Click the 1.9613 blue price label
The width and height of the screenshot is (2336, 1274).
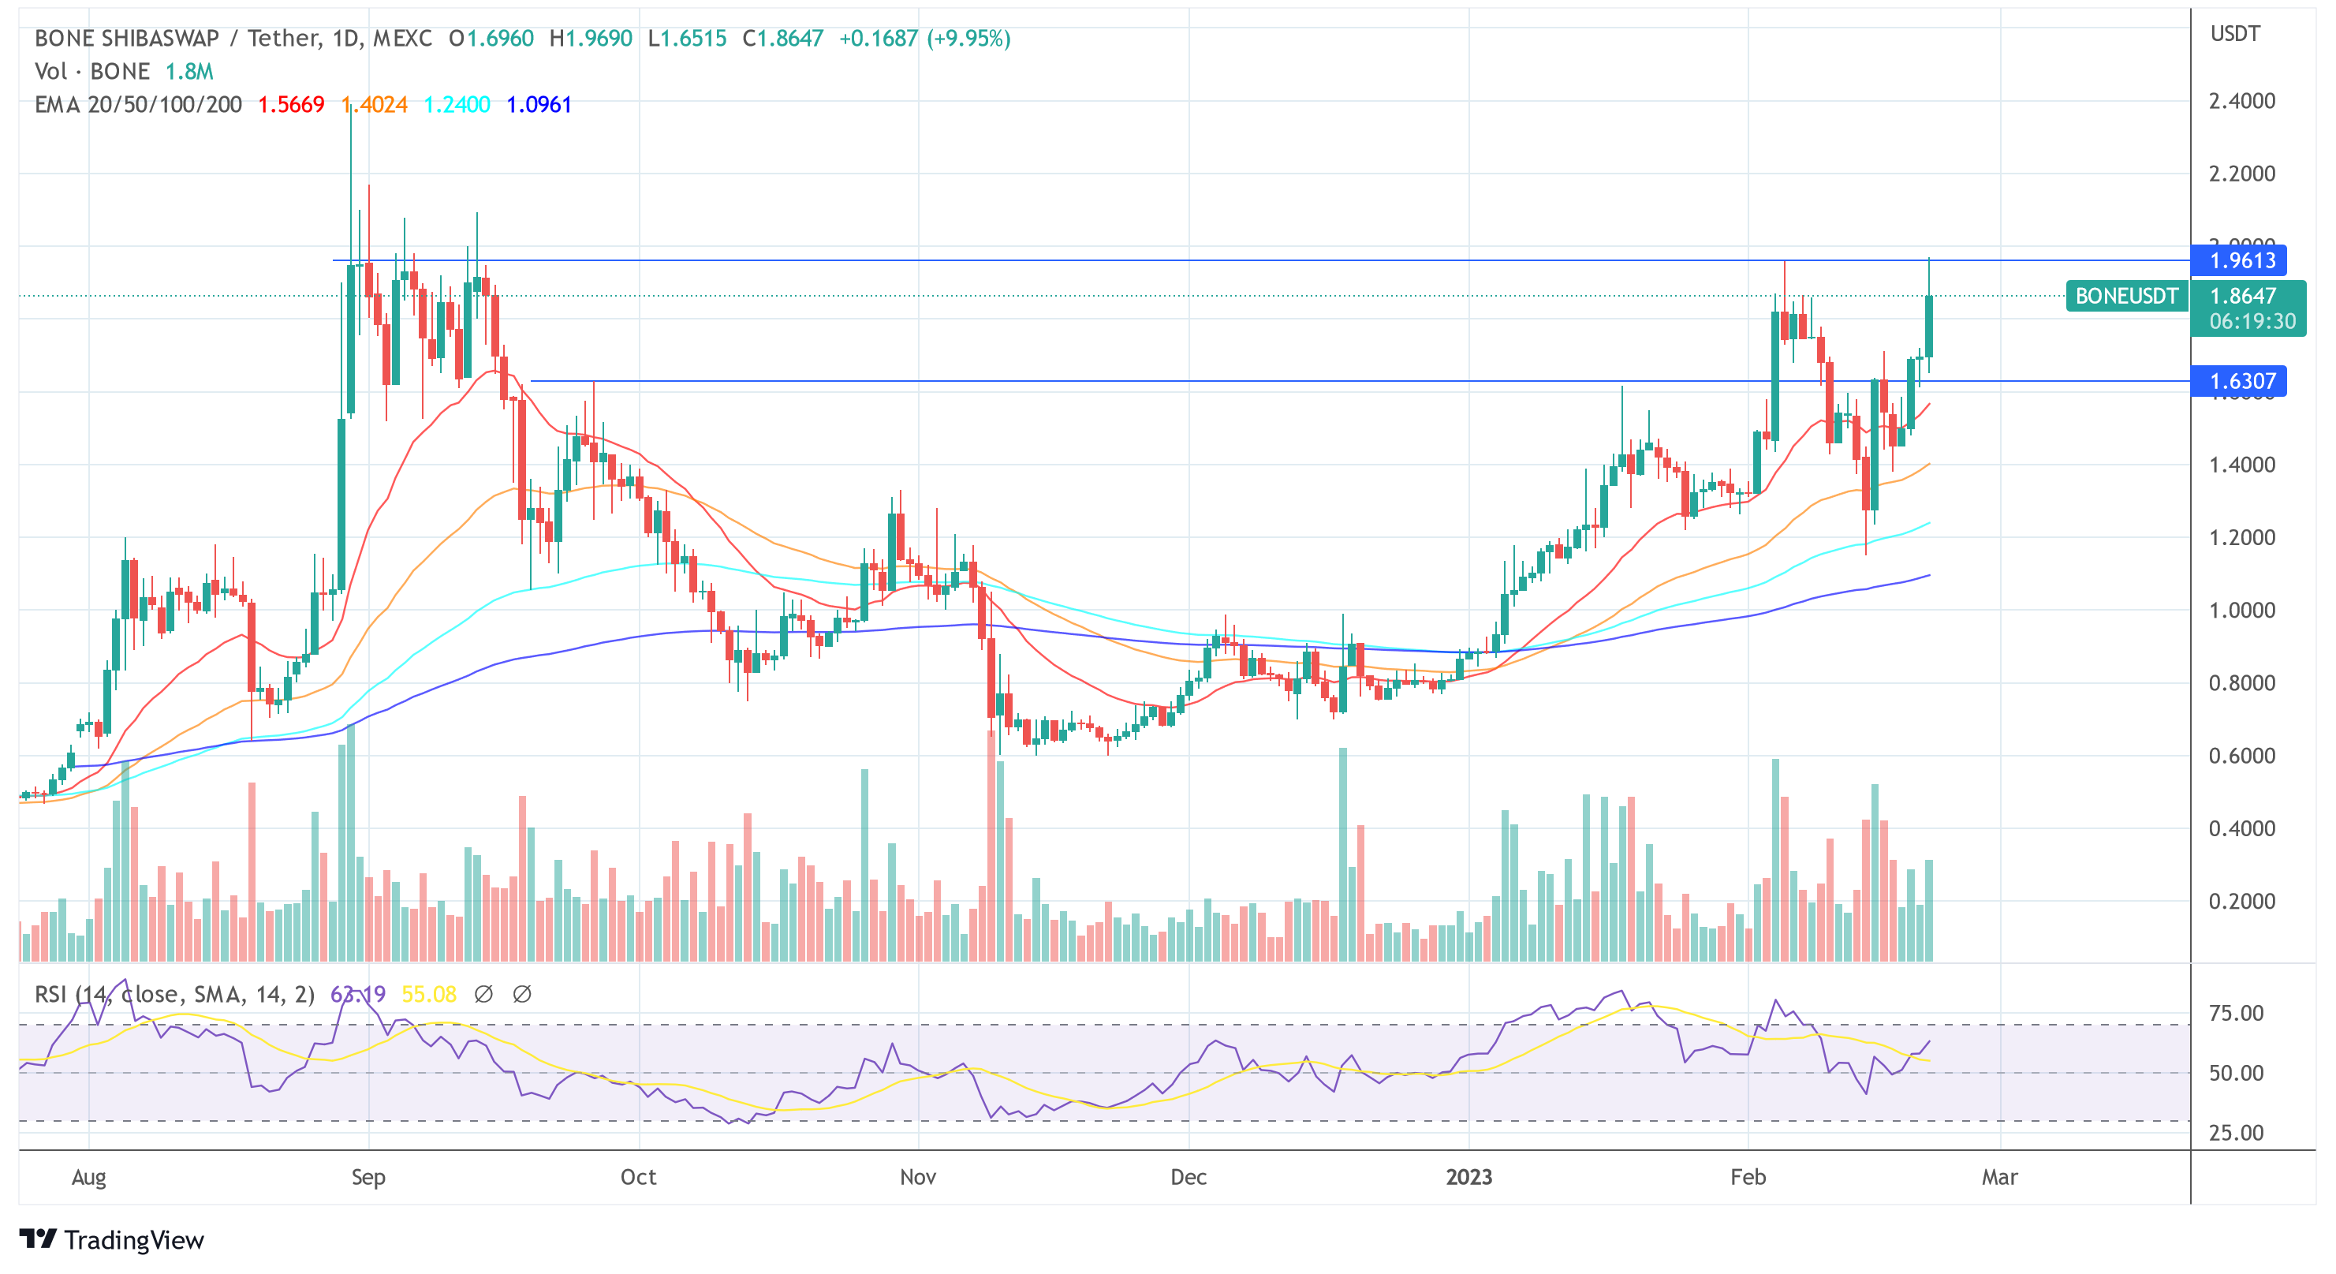(x=2241, y=261)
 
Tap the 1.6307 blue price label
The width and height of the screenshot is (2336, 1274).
(x=2241, y=382)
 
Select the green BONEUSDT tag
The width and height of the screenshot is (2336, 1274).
(x=2125, y=297)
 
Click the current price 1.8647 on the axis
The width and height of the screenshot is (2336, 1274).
(x=2241, y=297)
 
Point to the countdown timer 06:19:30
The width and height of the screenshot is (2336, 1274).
(x=2252, y=322)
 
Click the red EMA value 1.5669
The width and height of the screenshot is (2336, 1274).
(x=290, y=105)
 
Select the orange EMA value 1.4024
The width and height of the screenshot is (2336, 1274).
(x=375, y=105)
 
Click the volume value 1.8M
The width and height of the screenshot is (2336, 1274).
(x=188, y=72)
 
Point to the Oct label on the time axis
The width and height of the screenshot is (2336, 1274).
(x=638, y=1178)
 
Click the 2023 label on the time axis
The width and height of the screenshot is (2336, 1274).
(x=1468, y=1178)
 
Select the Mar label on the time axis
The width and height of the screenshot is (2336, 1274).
(x=1999, y=1178)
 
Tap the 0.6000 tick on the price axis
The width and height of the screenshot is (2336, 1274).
(x=2241, y=757)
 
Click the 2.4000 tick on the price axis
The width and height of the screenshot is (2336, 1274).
(x=2241, y=101)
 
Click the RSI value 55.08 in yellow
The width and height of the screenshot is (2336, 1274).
(x=428, y=995)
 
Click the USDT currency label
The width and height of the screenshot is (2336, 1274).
(x=2234, y=35)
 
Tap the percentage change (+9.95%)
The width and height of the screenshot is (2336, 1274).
(x=968, y=39)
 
